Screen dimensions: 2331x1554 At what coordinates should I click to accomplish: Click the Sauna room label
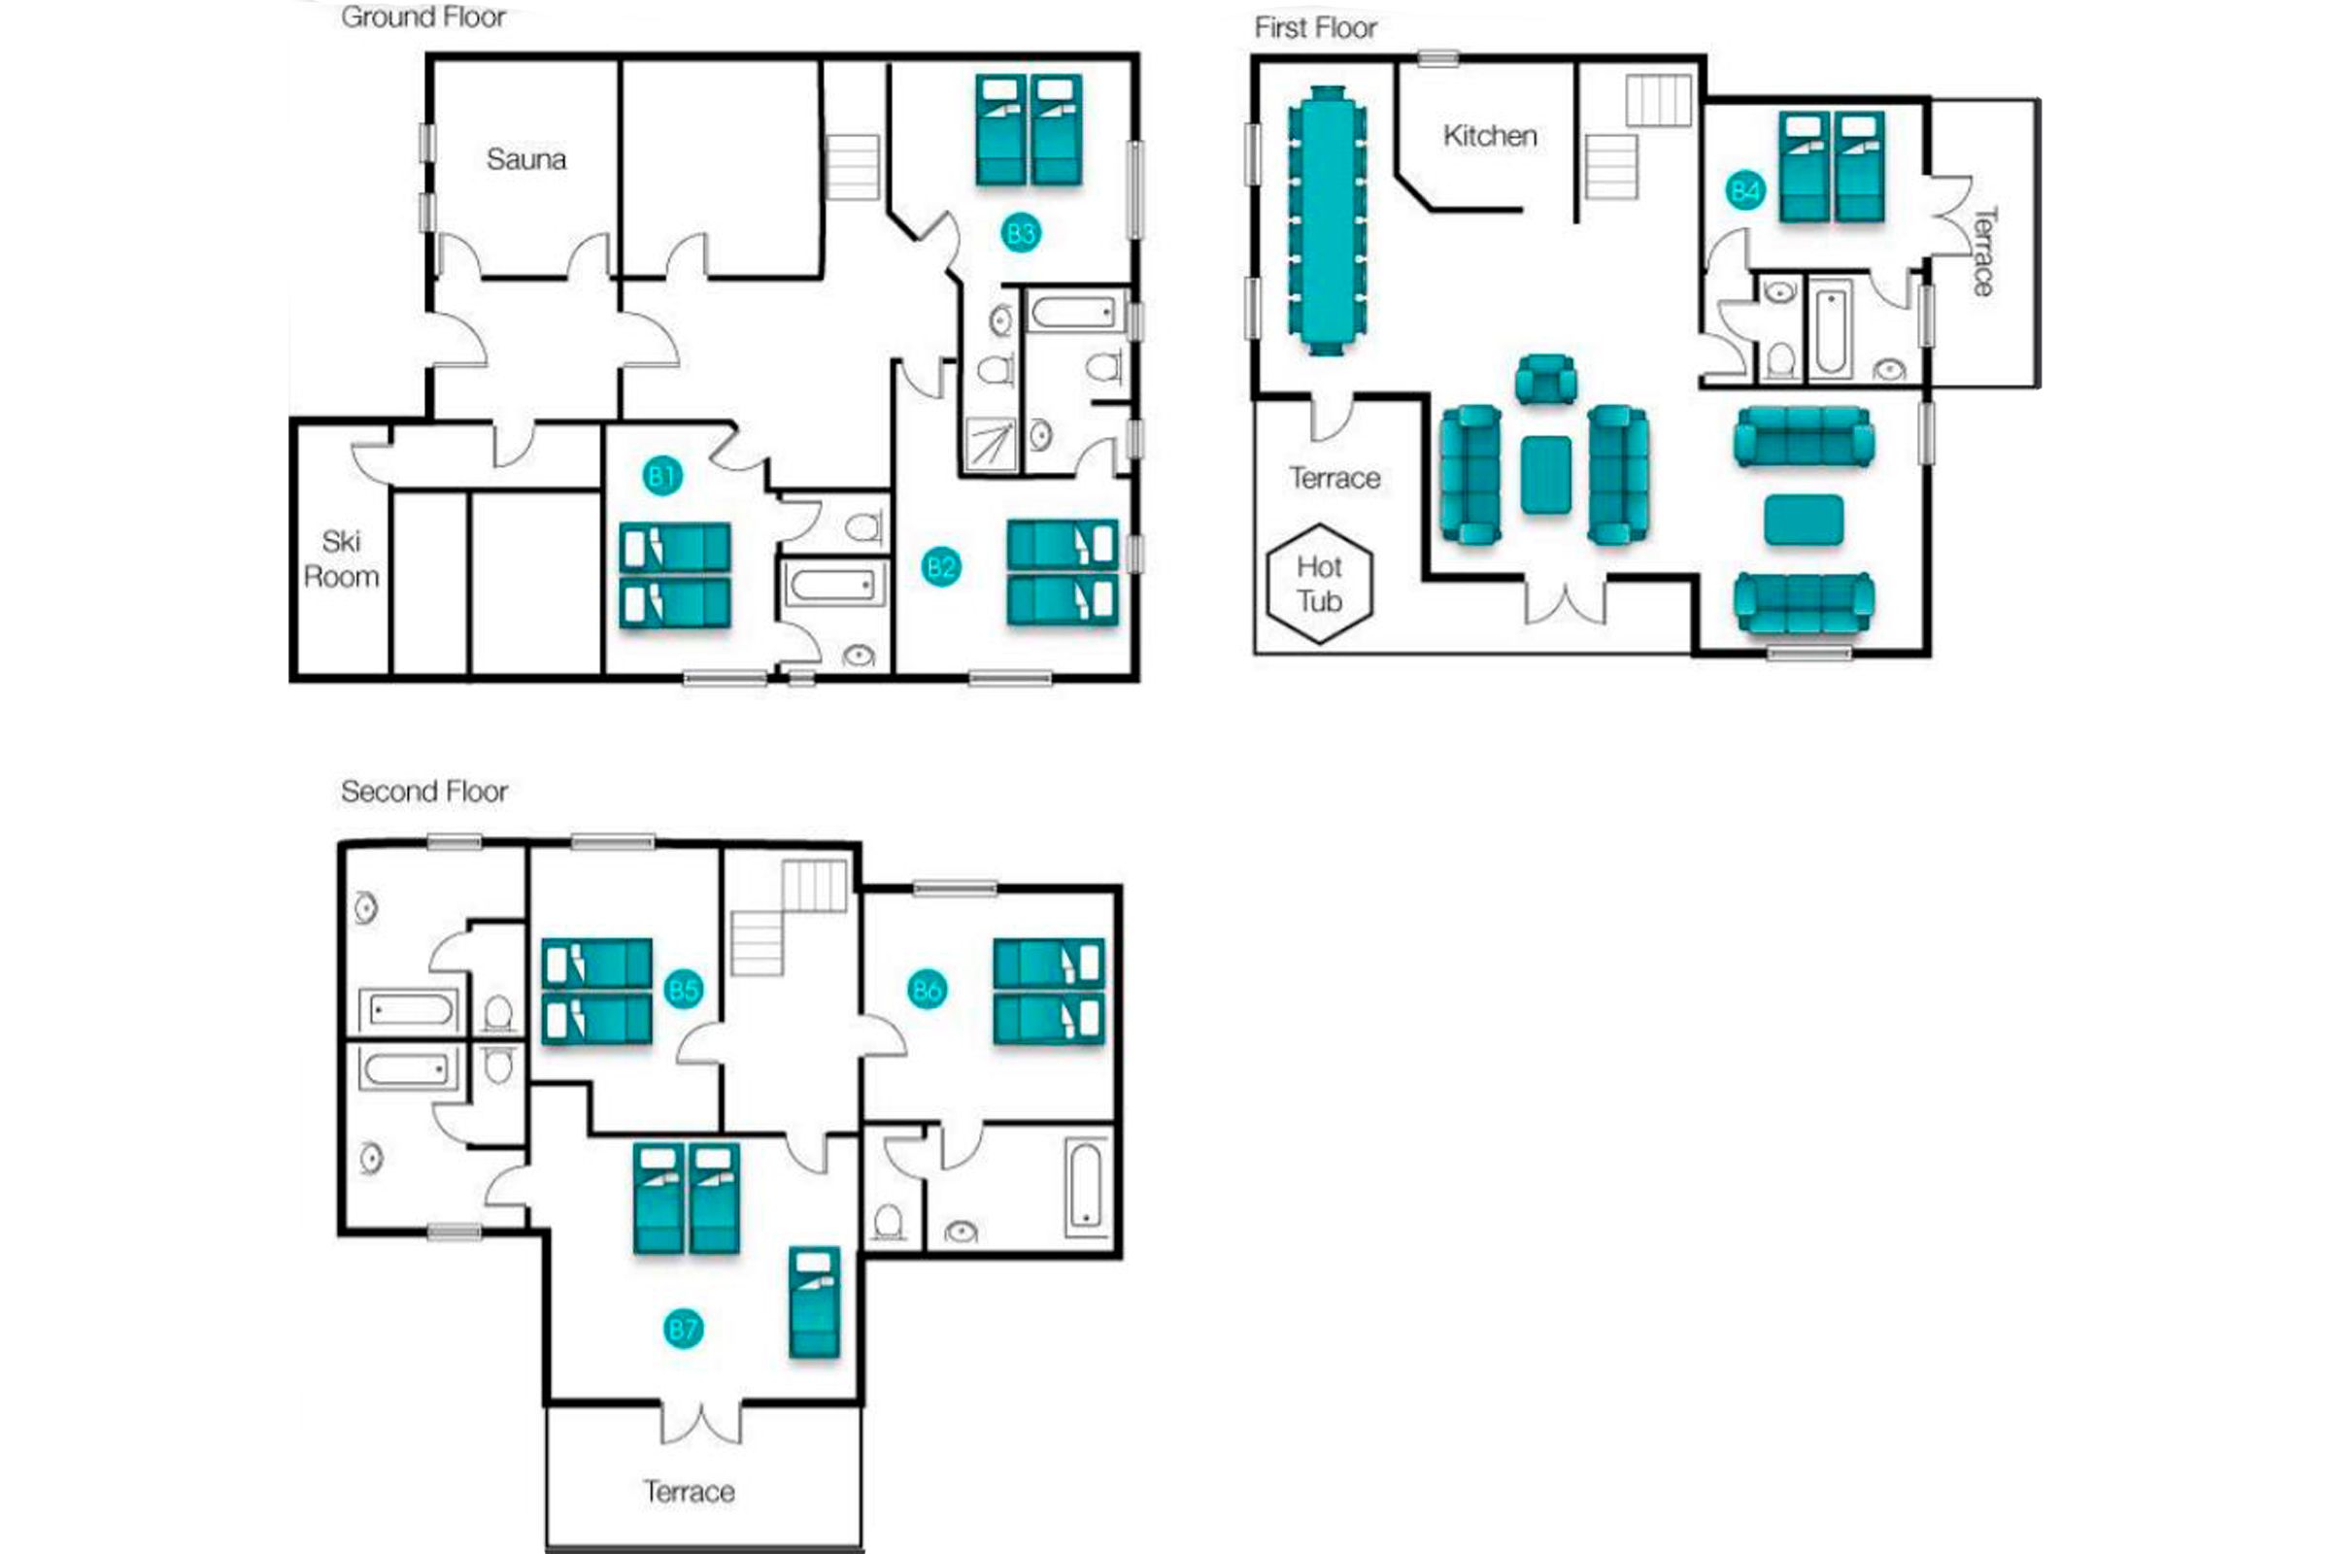pyautogui.click(x=526, y=159)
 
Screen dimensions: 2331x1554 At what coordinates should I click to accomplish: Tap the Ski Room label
pyautogui.click(x=341, y=559)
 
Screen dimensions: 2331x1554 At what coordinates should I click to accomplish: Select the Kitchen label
pyautogui.click(x=1490, y=136)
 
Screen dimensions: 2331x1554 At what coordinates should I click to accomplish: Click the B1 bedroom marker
pyautogui.click(x=661, y=477)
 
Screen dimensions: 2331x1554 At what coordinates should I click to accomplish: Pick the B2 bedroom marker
pyautogui.click(x=940, y=567)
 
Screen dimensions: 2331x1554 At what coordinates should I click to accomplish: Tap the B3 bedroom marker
pyautogui.click(x=1020, y=234)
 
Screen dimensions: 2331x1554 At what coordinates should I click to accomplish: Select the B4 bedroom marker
pyautogui.click(x=1744, y=190)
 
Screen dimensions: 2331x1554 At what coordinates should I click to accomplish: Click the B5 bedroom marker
pyautogui.click(x=683, y=989)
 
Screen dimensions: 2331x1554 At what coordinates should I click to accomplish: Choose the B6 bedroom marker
pyautogui.click(x=927, y=989)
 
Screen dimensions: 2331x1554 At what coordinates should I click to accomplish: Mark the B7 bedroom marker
pyautogui.click(x=683, y=1329)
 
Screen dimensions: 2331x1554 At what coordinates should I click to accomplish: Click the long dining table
pyautogui.click(x=1327, y=220)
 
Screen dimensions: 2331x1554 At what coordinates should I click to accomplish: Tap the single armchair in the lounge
pyautogui.click(x=1546, y=380)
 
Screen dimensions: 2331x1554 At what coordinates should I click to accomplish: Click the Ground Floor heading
pyautogui.click(x=423, y=17)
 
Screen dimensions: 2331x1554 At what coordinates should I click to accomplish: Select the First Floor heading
pyautogui.click(x=1315, y=28)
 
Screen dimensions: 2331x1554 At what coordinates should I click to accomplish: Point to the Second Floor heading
pyautogui.click(x=424, y=791)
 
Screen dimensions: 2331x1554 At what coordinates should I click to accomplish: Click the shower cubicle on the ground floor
pyautogui.click(x=991, y=443)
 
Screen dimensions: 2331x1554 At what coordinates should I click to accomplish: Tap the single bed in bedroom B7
pyautogui.click(x=815, y=1301)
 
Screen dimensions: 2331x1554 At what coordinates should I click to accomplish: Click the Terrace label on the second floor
pyautogui.click(x=689, y=1492)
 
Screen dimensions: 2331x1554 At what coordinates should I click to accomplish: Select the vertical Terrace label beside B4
pyautogui.click(x=1984, y=251)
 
